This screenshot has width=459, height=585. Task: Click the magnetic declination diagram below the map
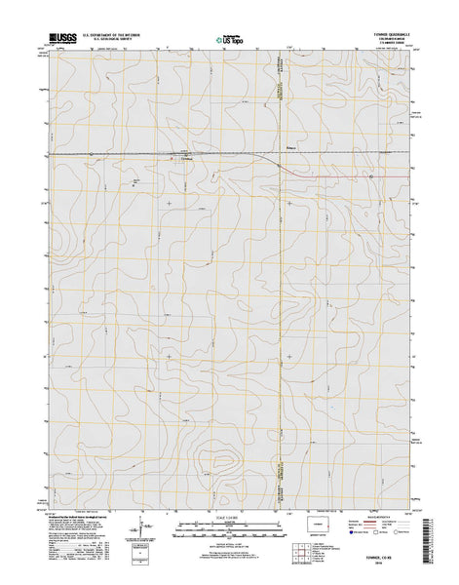pyautogui.click(x=148, y=533)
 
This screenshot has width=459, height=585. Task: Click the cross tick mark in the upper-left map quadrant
pyautogui.click(x=169, y=203)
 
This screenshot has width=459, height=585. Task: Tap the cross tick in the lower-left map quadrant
pyautogui.click(x=169, y=357)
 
